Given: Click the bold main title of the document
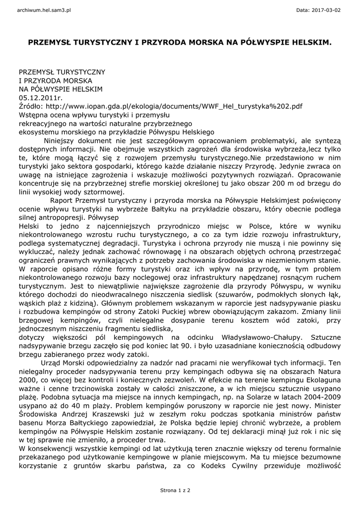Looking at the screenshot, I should pyautogui.click(x=180, y=43).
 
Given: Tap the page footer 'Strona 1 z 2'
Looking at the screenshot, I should pyautogui.click(x=175, y=490).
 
